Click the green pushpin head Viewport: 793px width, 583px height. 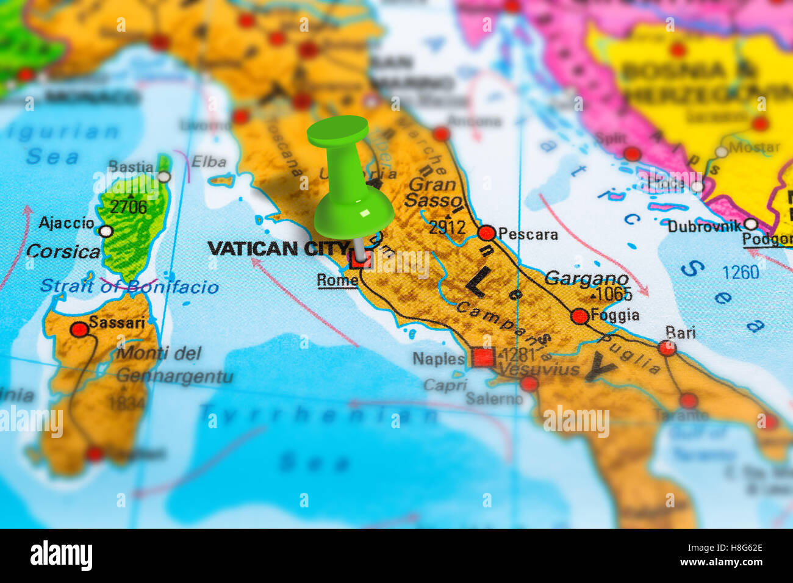pos(338,132)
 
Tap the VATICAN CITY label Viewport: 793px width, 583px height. pos(278,248)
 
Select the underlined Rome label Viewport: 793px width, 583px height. pos(337,280)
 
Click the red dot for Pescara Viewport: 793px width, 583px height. pos(486,233)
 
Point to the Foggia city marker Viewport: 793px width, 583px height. pos(579,316)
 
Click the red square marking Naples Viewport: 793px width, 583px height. pos(483,357)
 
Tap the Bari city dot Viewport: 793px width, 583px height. pos(667,348)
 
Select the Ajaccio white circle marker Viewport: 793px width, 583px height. pos(106,231)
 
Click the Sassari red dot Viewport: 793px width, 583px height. pos(79,329)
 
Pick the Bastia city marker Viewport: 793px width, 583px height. pos(163,177)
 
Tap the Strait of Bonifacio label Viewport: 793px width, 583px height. pos(129,287)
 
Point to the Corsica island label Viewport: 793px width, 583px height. pos(63,251)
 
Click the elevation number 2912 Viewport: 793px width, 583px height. pos(447,227)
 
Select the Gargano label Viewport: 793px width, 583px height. pos(586,279)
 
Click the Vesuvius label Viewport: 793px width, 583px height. pos(539,370)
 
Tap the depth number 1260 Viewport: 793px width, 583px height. pos(740,272)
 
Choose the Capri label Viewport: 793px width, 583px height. pos(445,385)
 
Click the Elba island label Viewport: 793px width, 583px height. pos(209,162)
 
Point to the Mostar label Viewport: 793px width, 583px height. pos(754,147)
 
